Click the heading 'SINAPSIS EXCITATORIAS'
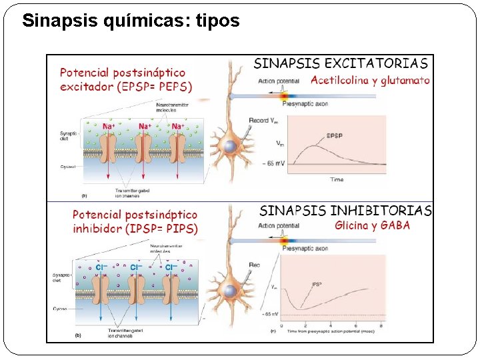(341, 64)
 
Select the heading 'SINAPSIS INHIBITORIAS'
(345, 211)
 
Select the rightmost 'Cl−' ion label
(171, 267)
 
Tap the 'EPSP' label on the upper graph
(335, 136)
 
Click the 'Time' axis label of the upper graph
(337, 179)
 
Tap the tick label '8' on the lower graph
(381, 326)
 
